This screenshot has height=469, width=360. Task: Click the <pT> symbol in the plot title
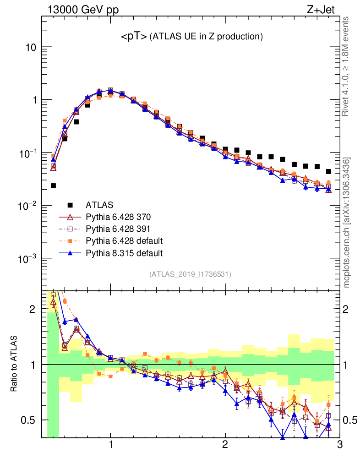134,37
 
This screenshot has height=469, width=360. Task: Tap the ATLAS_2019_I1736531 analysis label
190,274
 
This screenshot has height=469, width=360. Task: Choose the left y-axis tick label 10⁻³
28,259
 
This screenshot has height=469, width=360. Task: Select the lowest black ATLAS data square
54,185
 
